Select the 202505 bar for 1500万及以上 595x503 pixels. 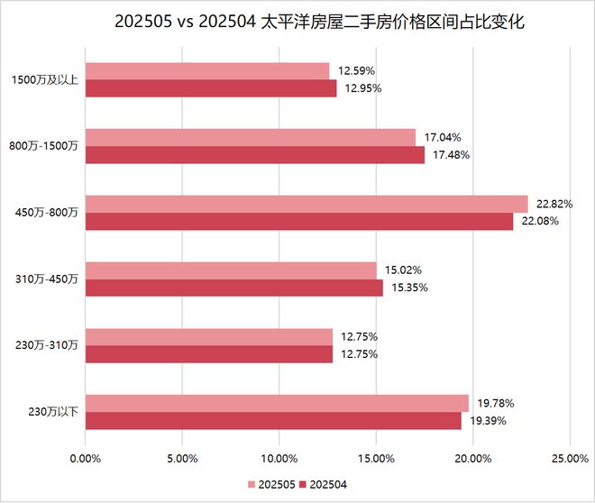(x=207, y=71)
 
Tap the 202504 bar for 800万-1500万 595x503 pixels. (x=254, y=155)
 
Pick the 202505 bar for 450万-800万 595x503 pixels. (x=307, y=204)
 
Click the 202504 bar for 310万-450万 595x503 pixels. (x=233, y=288)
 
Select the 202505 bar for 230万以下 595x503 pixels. (x=277, y=403)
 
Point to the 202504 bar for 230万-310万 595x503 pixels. (x=208, y=354)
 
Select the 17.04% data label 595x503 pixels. (x=443, y=138)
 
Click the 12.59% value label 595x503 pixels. (x=356, y=71)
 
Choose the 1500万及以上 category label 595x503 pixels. (x=44, y=80)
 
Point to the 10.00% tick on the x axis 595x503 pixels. (x=279, y=458)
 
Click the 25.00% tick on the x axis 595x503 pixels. (x=569, y=458)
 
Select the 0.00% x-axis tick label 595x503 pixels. (x=86, y=458)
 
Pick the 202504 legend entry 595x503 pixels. (x=326, y=485)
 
